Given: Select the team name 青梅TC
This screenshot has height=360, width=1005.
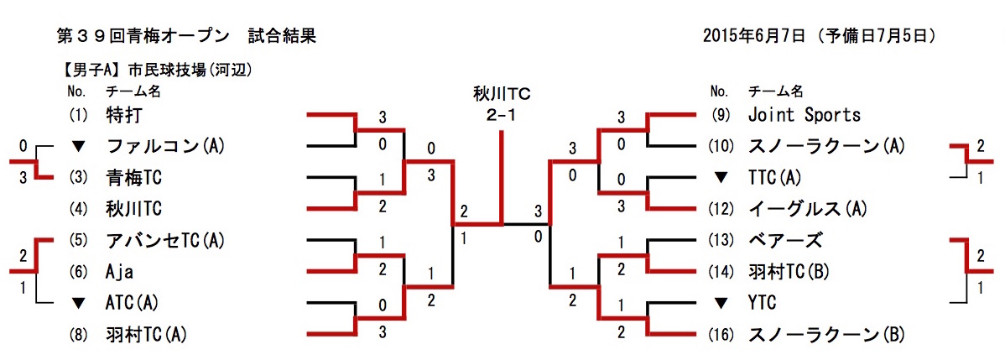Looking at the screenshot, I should point(134,177).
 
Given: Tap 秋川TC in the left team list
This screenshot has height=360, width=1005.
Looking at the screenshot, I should point(134,208).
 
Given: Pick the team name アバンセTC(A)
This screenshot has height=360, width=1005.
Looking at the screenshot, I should point(166,240).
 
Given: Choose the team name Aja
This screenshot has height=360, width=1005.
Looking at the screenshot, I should point(121,272).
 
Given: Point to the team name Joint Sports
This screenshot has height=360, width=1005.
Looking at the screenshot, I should point(804,114).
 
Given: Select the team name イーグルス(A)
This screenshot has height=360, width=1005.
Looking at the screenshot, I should point(807,208).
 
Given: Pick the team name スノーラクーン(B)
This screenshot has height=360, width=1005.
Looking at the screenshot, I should point(825,335).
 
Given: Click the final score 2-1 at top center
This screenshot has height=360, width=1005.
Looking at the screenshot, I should point(501,114).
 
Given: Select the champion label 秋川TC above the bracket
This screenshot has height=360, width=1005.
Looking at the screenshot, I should point(502,95).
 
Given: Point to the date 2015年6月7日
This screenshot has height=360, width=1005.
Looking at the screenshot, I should point(754,36).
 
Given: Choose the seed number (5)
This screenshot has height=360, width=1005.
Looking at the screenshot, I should point(79,240).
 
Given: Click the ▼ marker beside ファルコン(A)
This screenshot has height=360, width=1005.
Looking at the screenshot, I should point(79,146).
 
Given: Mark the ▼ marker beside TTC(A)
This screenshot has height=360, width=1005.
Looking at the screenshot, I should point(720,177).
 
